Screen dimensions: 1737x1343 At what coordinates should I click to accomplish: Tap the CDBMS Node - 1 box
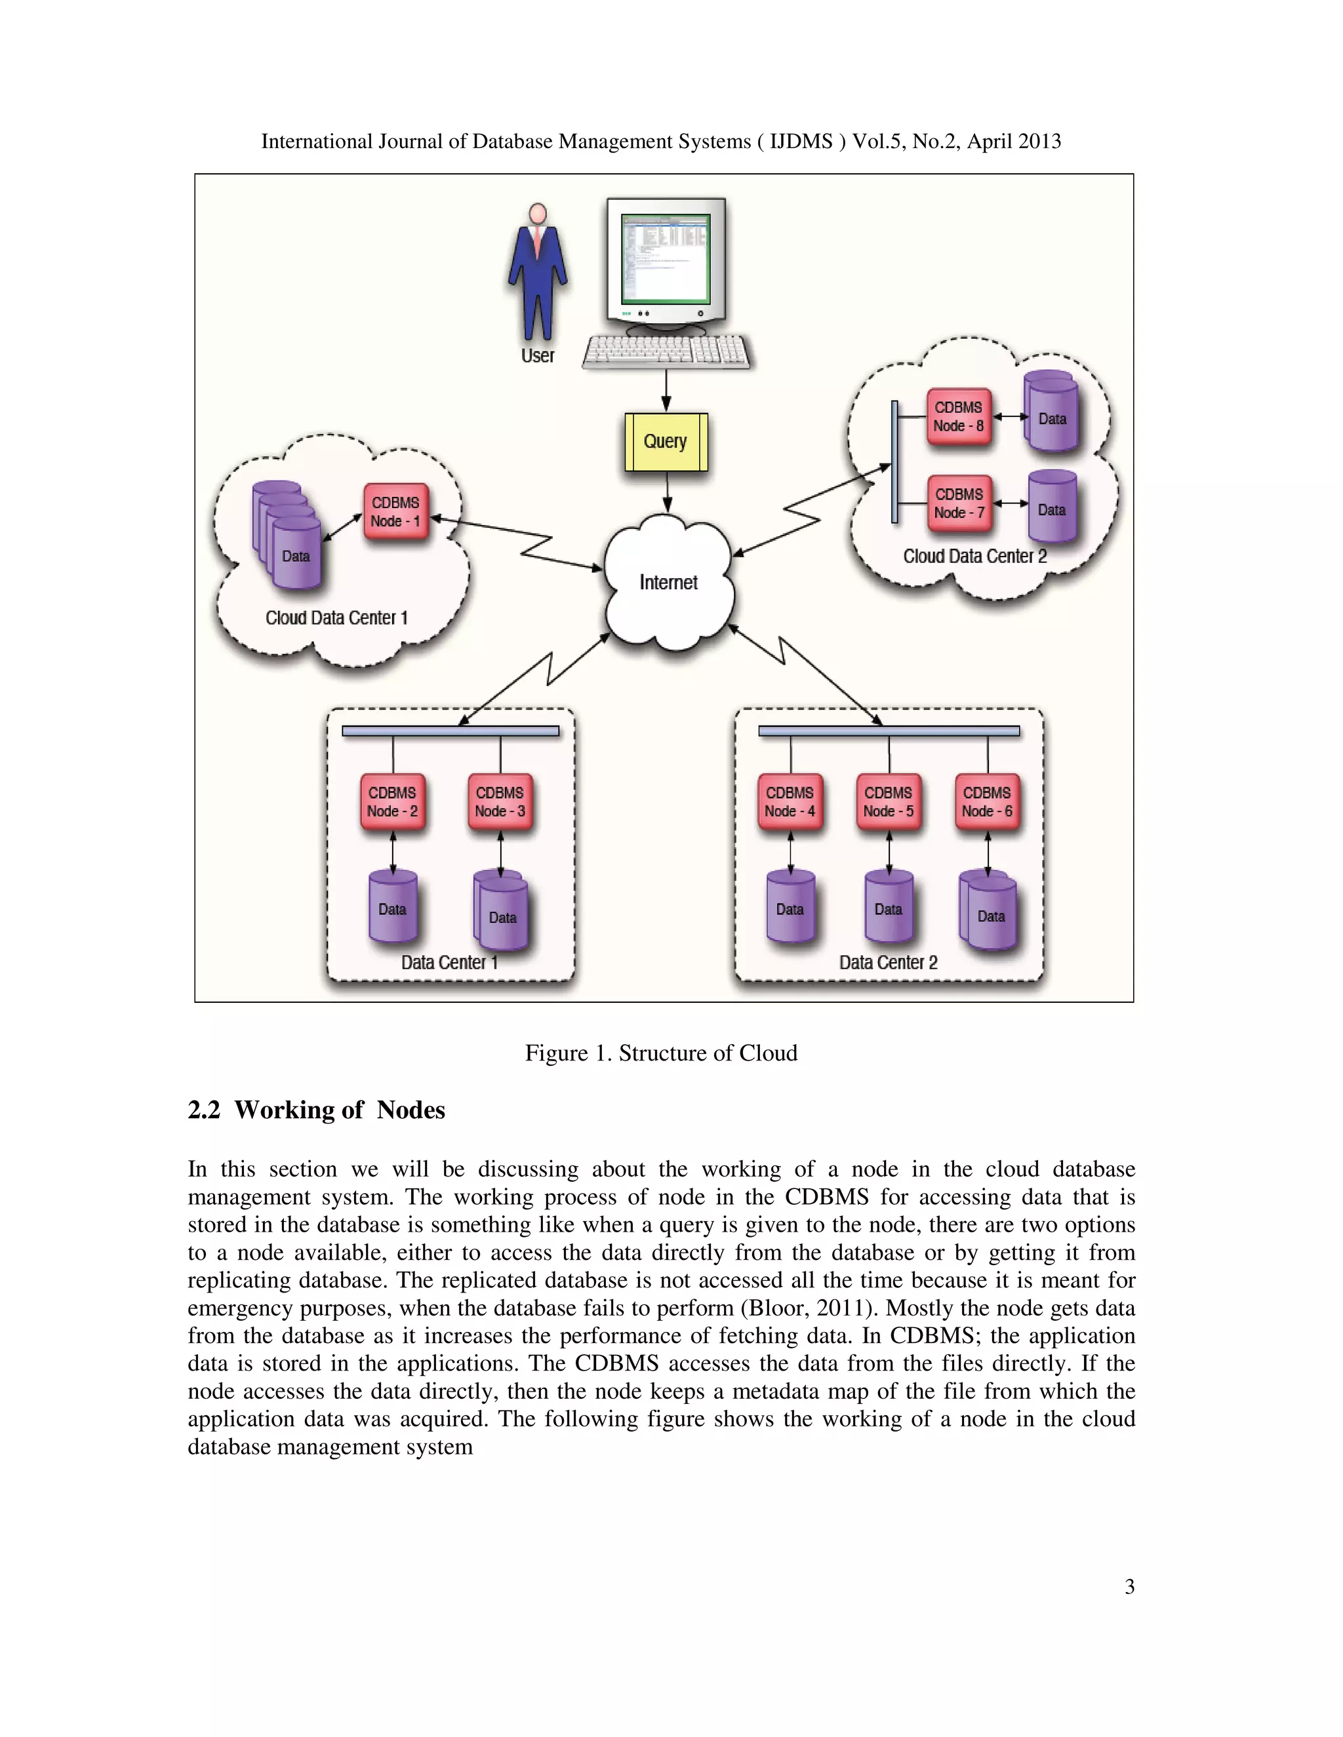pos(395,512)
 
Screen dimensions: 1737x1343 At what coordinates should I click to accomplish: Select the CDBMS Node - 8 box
pos(959,417)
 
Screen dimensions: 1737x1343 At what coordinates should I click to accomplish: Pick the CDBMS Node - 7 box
pos(959,503)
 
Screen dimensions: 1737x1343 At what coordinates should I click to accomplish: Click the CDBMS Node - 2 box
pos(392,802)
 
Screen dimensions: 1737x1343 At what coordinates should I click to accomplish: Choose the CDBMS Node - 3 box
pos(500,802)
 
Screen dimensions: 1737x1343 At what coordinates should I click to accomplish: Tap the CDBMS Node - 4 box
pos(790,802)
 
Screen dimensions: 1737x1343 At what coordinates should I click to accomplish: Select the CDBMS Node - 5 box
pos(888,802)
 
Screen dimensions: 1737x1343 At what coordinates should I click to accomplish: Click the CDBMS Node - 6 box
pos(986,802)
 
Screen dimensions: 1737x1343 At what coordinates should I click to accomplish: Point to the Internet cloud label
pos(668,583)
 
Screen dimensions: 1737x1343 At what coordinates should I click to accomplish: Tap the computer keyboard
pos(666,351)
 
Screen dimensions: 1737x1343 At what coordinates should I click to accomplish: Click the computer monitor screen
pos(665,258)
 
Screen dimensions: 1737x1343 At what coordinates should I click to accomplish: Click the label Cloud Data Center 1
pos(336,618)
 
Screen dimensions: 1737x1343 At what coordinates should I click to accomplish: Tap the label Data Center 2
pos(888,962)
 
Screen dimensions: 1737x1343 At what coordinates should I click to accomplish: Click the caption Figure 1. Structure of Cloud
pos(660,1053)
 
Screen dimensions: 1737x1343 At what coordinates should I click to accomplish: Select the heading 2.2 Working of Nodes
pos(317,1110)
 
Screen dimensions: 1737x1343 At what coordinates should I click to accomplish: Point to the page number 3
pos(1129,1587)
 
